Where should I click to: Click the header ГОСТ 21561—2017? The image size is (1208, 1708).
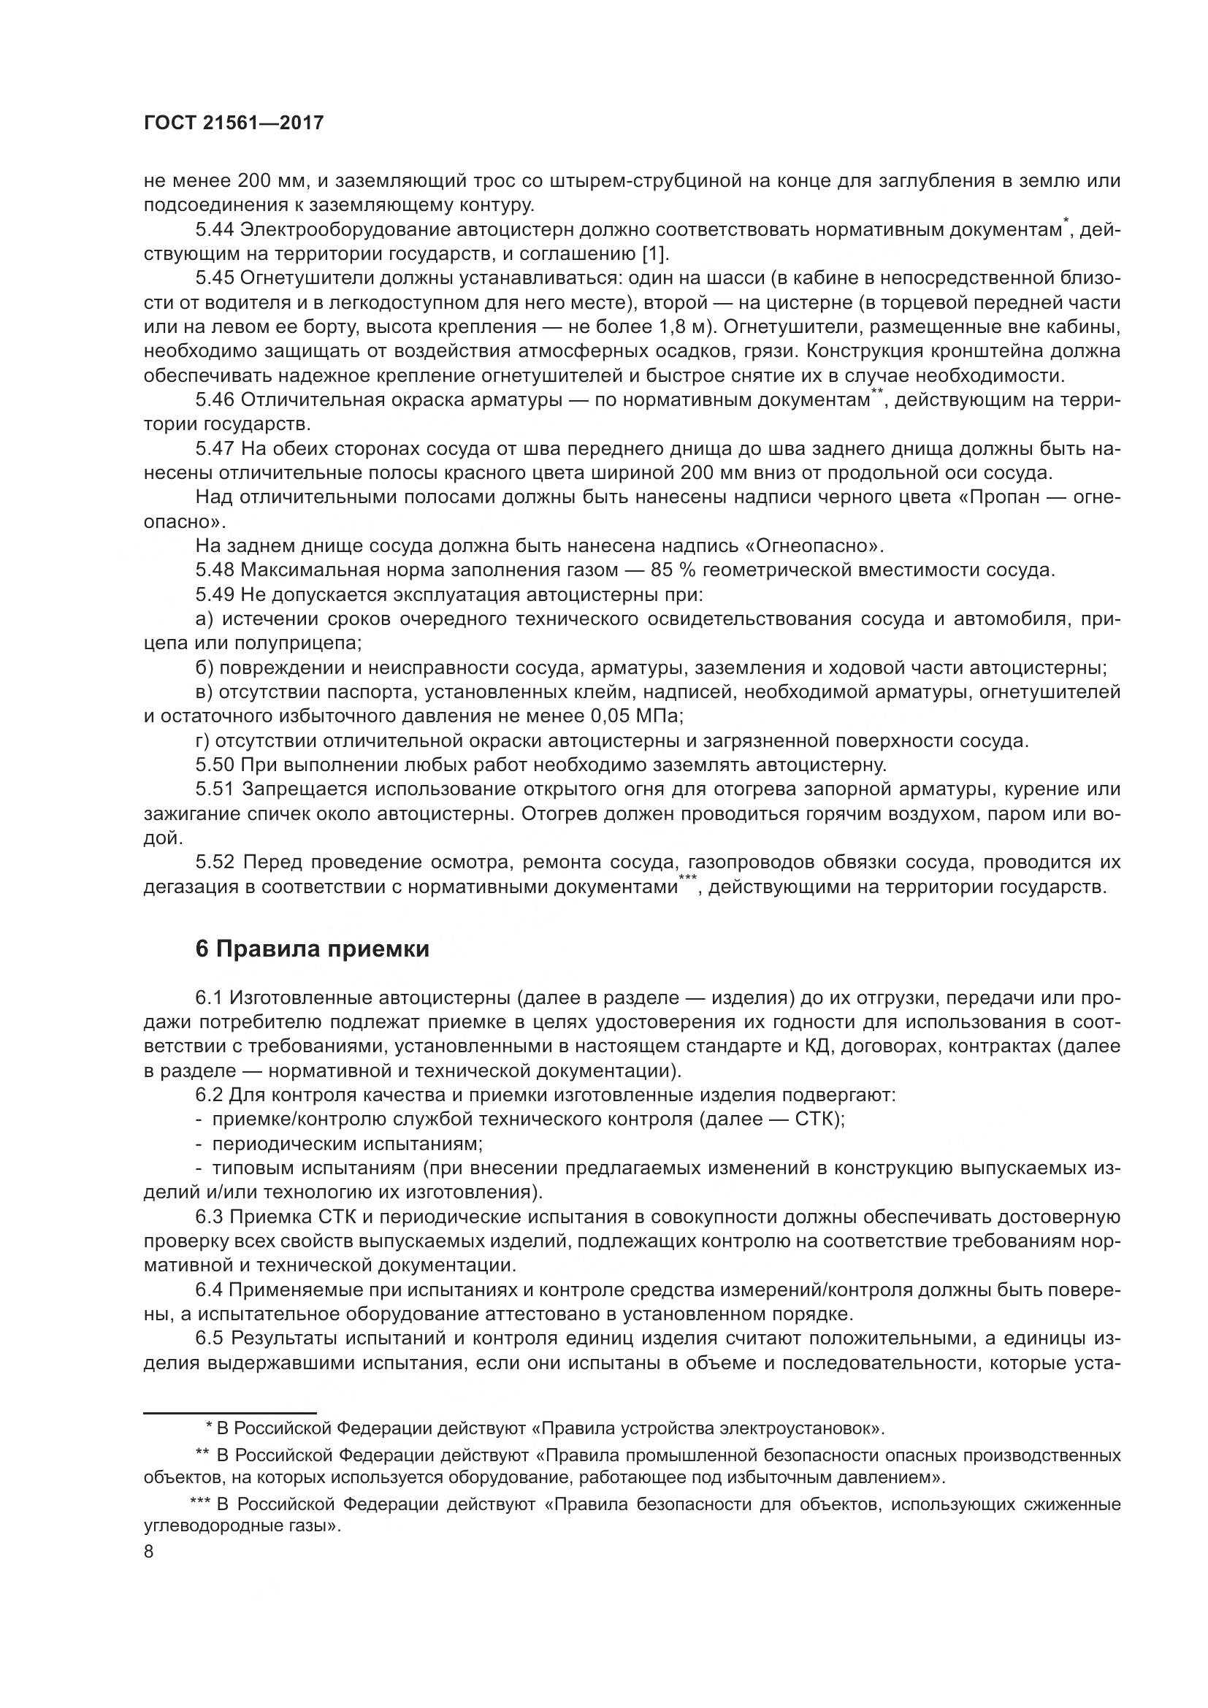click(234, 123)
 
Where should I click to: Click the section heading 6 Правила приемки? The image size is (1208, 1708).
click(313, 949)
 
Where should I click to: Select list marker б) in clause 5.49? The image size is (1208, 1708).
click(204, 668)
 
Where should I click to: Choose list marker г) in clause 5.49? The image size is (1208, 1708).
click(203, 741)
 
